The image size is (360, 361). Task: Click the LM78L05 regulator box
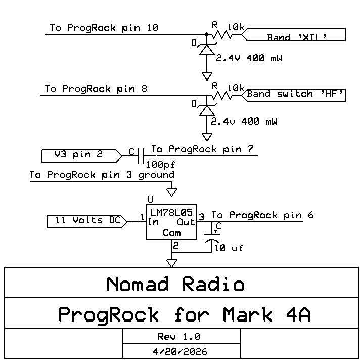[171, 222]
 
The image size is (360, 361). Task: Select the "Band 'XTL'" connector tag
[294, 35]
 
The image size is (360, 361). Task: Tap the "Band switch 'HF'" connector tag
[295, 94]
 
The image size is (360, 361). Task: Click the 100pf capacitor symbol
[142, 155]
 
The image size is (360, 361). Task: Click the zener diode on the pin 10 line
[207, 50]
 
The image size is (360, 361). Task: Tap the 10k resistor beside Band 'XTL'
[224, 34]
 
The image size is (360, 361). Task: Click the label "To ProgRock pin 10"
[104, 28]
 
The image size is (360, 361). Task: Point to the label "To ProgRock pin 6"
[262, 215]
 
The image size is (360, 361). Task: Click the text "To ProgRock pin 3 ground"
[102, 175]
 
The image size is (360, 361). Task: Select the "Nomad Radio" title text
[175, 284]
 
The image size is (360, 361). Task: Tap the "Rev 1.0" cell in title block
[179, 336]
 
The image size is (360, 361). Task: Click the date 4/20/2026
[179, 351]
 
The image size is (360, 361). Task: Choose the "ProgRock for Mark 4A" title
[184, 314]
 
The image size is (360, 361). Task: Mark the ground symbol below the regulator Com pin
[172, 263]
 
